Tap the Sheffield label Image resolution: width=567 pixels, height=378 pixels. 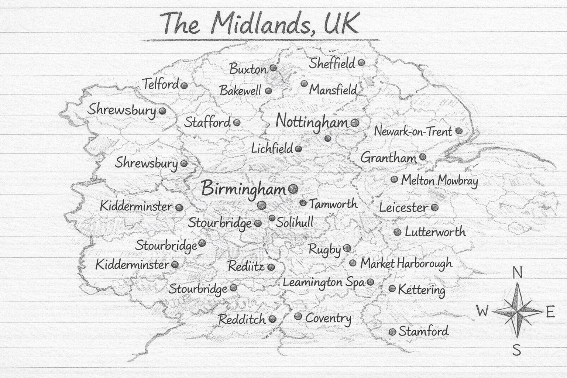click(x=332, y=63)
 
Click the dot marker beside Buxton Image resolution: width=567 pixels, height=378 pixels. click(x=273, y=68)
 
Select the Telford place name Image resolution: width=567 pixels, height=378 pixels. click(x=161, y=85)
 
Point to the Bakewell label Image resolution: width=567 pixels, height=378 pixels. click(x=240, y=90)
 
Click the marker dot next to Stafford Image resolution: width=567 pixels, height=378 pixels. click(x=237, y=123)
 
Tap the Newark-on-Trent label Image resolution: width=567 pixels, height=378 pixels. click(x=413, y=131)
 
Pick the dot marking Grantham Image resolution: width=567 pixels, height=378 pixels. click(x=423, y=157)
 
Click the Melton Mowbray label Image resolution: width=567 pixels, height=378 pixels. click(x=439, y=181)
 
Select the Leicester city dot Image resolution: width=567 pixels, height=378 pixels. click(x=435, y=207)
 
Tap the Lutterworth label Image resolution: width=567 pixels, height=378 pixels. click(x=435, y=232)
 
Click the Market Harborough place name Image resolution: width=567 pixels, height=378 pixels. click(x=406, y=264)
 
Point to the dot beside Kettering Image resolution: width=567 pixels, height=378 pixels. click(x=392, y=289)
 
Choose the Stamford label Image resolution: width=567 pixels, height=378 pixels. click(x=423, y=331)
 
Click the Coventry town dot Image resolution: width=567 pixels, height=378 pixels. click(x=298, y=317)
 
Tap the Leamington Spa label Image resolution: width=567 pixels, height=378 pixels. click(x=323, y=283)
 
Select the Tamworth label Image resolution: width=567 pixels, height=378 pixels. click(x=333, y=204)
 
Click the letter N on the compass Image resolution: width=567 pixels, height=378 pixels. click(x=518, y=274)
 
